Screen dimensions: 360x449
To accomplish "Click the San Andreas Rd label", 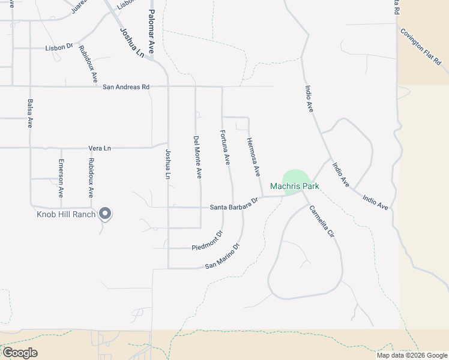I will point(126,87).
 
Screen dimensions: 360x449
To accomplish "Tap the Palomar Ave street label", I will point(151,32).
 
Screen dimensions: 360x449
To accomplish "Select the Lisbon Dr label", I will point(59,47).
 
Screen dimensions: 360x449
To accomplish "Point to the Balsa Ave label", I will point(30,114).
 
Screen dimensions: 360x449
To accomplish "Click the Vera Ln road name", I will point(100,148).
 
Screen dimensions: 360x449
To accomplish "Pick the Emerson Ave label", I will point(61,178).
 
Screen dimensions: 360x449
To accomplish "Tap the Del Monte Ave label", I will point(197,157).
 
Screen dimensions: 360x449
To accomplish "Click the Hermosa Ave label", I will point(253,157).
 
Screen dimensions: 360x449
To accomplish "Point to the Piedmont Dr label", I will point(207,241).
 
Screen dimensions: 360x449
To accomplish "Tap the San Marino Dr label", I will point(222,256).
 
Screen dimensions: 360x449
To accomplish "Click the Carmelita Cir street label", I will point(321,223).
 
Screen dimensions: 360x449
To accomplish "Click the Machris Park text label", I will point(294,187).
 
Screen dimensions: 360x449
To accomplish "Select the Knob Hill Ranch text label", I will point(67,214).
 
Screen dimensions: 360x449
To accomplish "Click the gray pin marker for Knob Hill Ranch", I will point(105,214).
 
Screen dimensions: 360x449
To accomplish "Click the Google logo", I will point(20,352).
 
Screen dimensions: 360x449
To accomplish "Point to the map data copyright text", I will point(412,355).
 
